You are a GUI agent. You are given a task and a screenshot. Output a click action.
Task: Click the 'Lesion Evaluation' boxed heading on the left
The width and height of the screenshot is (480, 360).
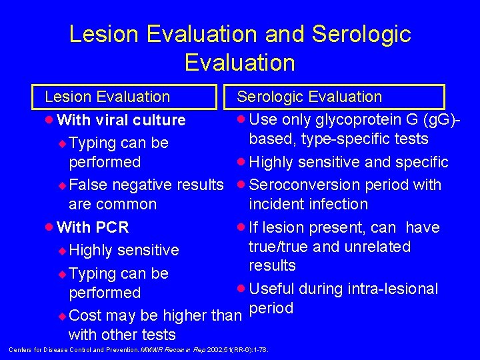[x=107, y=97]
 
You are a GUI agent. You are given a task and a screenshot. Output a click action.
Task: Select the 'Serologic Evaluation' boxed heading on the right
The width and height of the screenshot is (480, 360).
[x=309, y=97]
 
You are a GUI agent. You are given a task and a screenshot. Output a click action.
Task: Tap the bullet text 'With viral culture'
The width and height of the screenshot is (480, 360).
[x=121, y=120]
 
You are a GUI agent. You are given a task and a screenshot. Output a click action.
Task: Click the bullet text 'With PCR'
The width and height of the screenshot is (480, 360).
[x=93, y=227]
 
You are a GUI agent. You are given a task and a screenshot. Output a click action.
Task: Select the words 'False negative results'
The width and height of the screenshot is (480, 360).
[x=146, y=185]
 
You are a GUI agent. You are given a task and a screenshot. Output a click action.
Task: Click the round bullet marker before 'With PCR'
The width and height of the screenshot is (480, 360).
[x=50, y=227]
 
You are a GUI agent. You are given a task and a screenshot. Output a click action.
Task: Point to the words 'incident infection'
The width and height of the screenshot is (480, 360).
[x=308, y=204]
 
